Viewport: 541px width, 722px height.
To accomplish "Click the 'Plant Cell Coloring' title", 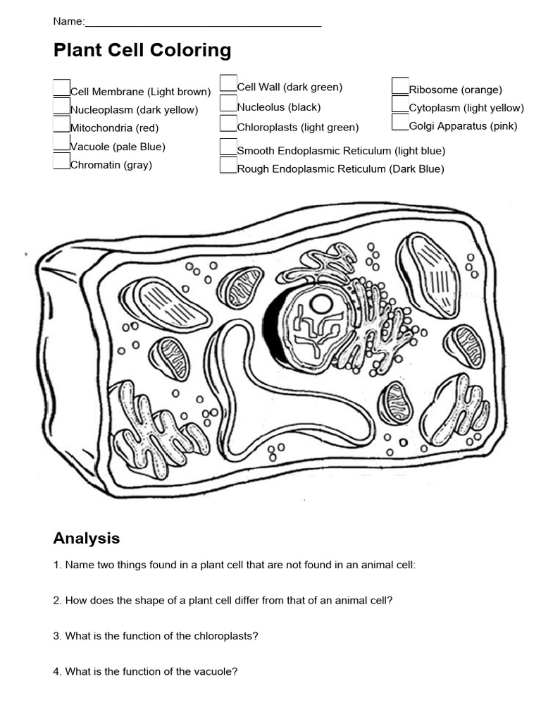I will click(x=142, y=51).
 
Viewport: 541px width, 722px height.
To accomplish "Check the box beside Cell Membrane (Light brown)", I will click(x=61, y=87).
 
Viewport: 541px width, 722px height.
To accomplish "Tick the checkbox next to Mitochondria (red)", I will click(x=61, y=124).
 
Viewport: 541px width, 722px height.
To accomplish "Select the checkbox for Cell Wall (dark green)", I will click(x=228, y=83).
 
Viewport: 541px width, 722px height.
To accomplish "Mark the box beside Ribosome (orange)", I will click(x=400, y=86).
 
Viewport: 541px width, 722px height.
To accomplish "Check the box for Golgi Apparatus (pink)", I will click(x=400, y=123).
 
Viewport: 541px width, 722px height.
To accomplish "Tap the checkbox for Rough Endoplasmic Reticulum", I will click(x=228, y=165).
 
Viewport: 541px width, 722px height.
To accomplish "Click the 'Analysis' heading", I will click(x=86, y=539).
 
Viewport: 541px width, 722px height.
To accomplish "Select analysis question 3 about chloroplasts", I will click(x=156, y=636).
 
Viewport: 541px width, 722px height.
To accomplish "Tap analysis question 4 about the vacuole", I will click(x=145, y=672).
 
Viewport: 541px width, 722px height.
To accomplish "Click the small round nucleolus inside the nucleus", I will click(x=322, y=305).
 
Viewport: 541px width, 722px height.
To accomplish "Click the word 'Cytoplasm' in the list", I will click(x=435, y=108).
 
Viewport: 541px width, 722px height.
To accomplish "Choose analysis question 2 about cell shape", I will click(x=223, y=601).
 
